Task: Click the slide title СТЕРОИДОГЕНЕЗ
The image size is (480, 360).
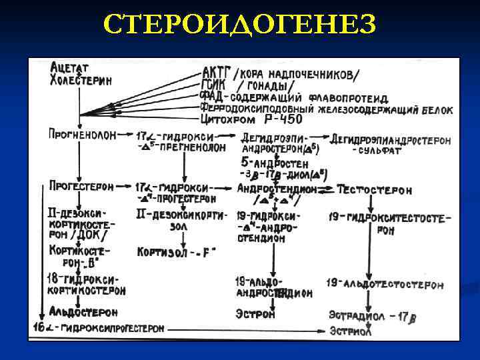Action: (240, 25)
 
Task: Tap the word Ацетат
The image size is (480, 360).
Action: (69, 67)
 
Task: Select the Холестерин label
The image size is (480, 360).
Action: (81, 80)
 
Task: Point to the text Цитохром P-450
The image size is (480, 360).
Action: (251, 119)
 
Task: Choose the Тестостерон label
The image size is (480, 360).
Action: (375, 190)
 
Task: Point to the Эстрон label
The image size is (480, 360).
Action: (255, 314)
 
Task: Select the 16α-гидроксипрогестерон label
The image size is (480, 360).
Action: (98, 328)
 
